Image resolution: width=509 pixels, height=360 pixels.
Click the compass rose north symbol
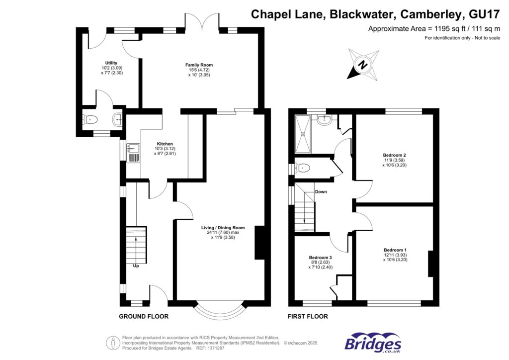(363, 65)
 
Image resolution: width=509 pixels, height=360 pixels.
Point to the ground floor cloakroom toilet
(89, 119)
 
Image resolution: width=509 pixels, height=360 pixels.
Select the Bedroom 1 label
(395, 250)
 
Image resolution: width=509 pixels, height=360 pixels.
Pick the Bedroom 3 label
(320, 258)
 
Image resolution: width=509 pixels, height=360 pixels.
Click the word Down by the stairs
(321, 191)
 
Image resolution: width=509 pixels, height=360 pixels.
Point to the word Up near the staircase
(136, 266)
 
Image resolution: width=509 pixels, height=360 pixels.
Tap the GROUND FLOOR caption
(144, 316)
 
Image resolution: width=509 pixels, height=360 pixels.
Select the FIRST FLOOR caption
(308, 316)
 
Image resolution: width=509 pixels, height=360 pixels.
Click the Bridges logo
(373, 343)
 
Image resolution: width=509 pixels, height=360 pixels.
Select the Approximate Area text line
(433, 28)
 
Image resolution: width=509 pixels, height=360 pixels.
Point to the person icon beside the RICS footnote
(113, 342)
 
